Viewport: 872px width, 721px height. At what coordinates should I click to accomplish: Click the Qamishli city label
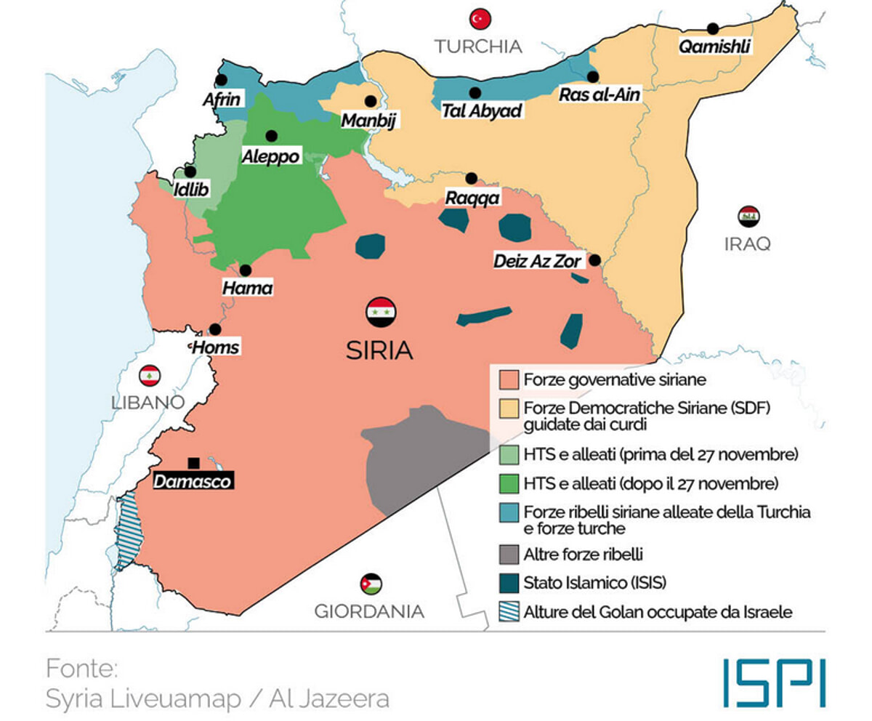point(714,47)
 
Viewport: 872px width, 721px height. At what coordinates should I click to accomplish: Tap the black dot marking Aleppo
point(272,136)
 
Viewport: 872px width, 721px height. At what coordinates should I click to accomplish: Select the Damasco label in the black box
point(193,481)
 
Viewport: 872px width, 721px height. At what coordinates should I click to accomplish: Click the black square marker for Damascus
point(193,463)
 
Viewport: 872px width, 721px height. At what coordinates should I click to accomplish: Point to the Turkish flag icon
point(480,19)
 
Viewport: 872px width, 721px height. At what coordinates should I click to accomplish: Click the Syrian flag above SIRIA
point(381,312)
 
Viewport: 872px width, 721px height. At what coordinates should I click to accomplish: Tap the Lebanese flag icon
point(150,375)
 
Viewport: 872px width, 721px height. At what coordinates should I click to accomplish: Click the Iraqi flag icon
point(748,216)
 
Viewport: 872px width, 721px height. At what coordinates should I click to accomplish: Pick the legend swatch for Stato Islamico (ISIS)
point(509,583)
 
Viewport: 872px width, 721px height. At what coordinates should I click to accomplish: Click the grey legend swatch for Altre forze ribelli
point(509,555)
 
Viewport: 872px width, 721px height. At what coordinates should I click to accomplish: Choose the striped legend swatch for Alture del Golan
point(509,612)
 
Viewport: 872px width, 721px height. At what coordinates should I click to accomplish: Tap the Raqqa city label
point(473,198)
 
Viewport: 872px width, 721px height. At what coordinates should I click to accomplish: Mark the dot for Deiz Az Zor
point(594,260)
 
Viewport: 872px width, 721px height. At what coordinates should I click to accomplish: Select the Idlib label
point(192,190)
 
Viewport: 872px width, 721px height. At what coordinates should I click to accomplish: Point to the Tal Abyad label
point(483,112)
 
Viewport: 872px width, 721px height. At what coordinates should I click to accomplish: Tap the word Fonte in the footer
point(81,667)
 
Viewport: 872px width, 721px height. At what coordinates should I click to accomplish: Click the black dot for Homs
point(215,329)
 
